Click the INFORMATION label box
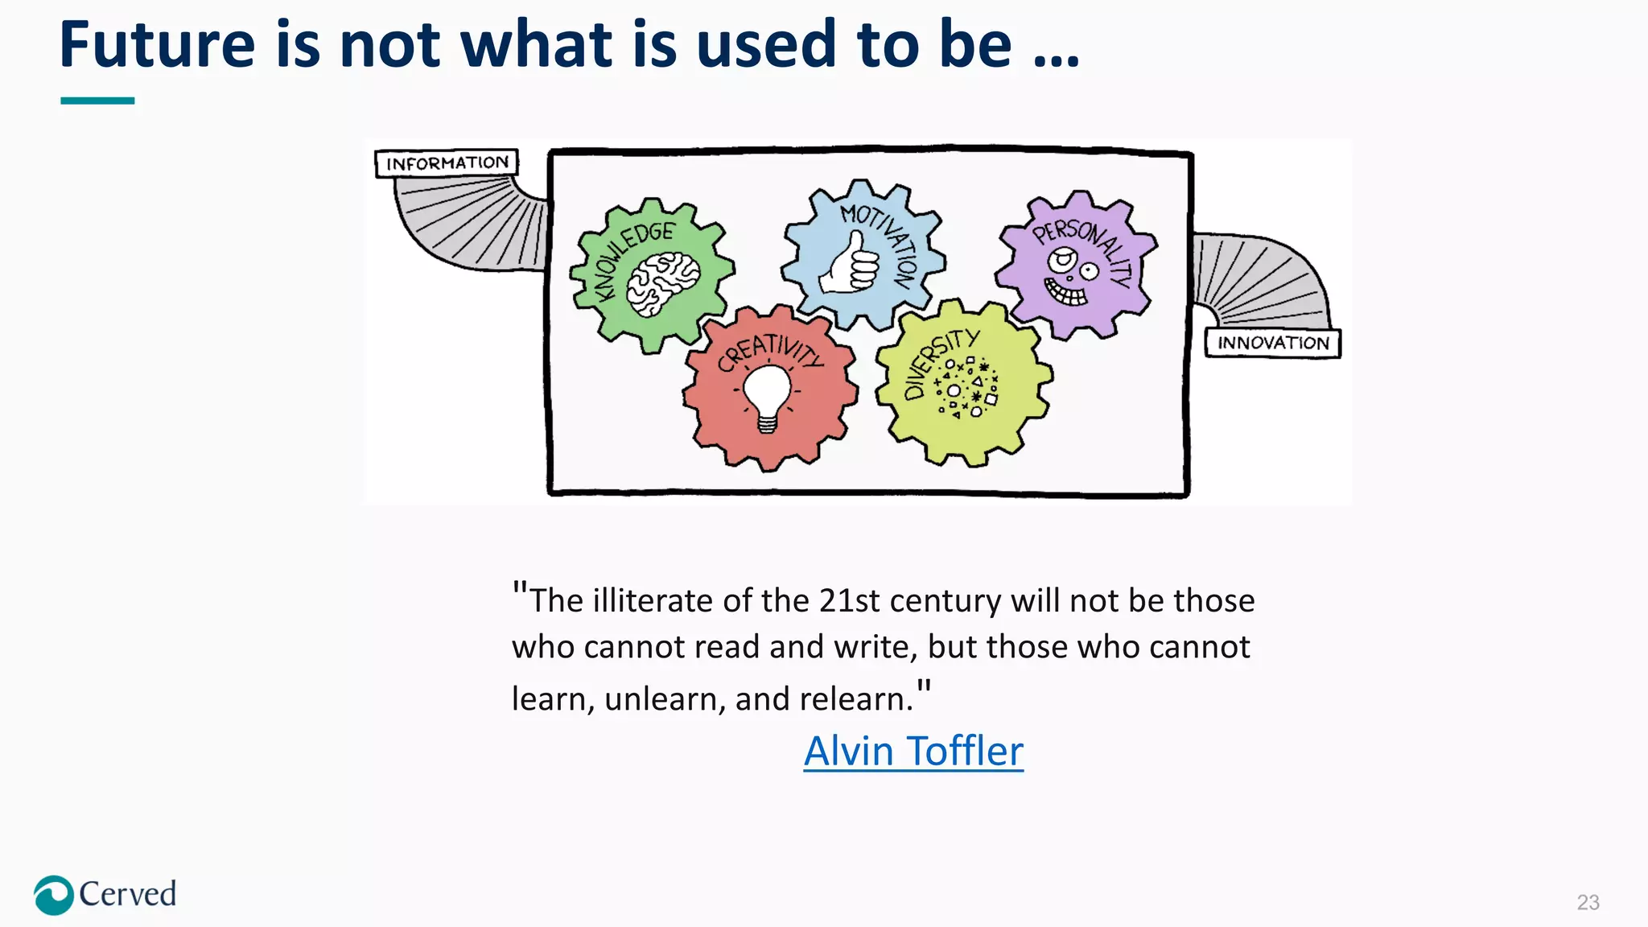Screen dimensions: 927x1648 click(x=447, y=163)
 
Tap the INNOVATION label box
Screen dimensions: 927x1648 click(x=1272, y=343)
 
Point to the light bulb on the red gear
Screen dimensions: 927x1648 click(x=767, y=397)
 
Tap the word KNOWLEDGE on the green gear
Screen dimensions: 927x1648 click(x=629, y=256)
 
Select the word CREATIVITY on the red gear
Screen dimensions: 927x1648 click(x=770, y=352)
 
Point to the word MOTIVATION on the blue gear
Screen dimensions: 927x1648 click(x=884, y=241)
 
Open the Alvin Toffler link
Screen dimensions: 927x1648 click(x=913, y=751)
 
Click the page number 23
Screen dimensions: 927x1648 click(x=1588, y=902)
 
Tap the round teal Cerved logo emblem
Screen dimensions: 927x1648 click(x=54, y=895)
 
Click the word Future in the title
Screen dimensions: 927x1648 click(x=157, y=45)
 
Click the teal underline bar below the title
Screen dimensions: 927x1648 click(x=97, y=101)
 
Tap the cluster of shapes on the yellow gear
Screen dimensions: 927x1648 click(x=966, y=387)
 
